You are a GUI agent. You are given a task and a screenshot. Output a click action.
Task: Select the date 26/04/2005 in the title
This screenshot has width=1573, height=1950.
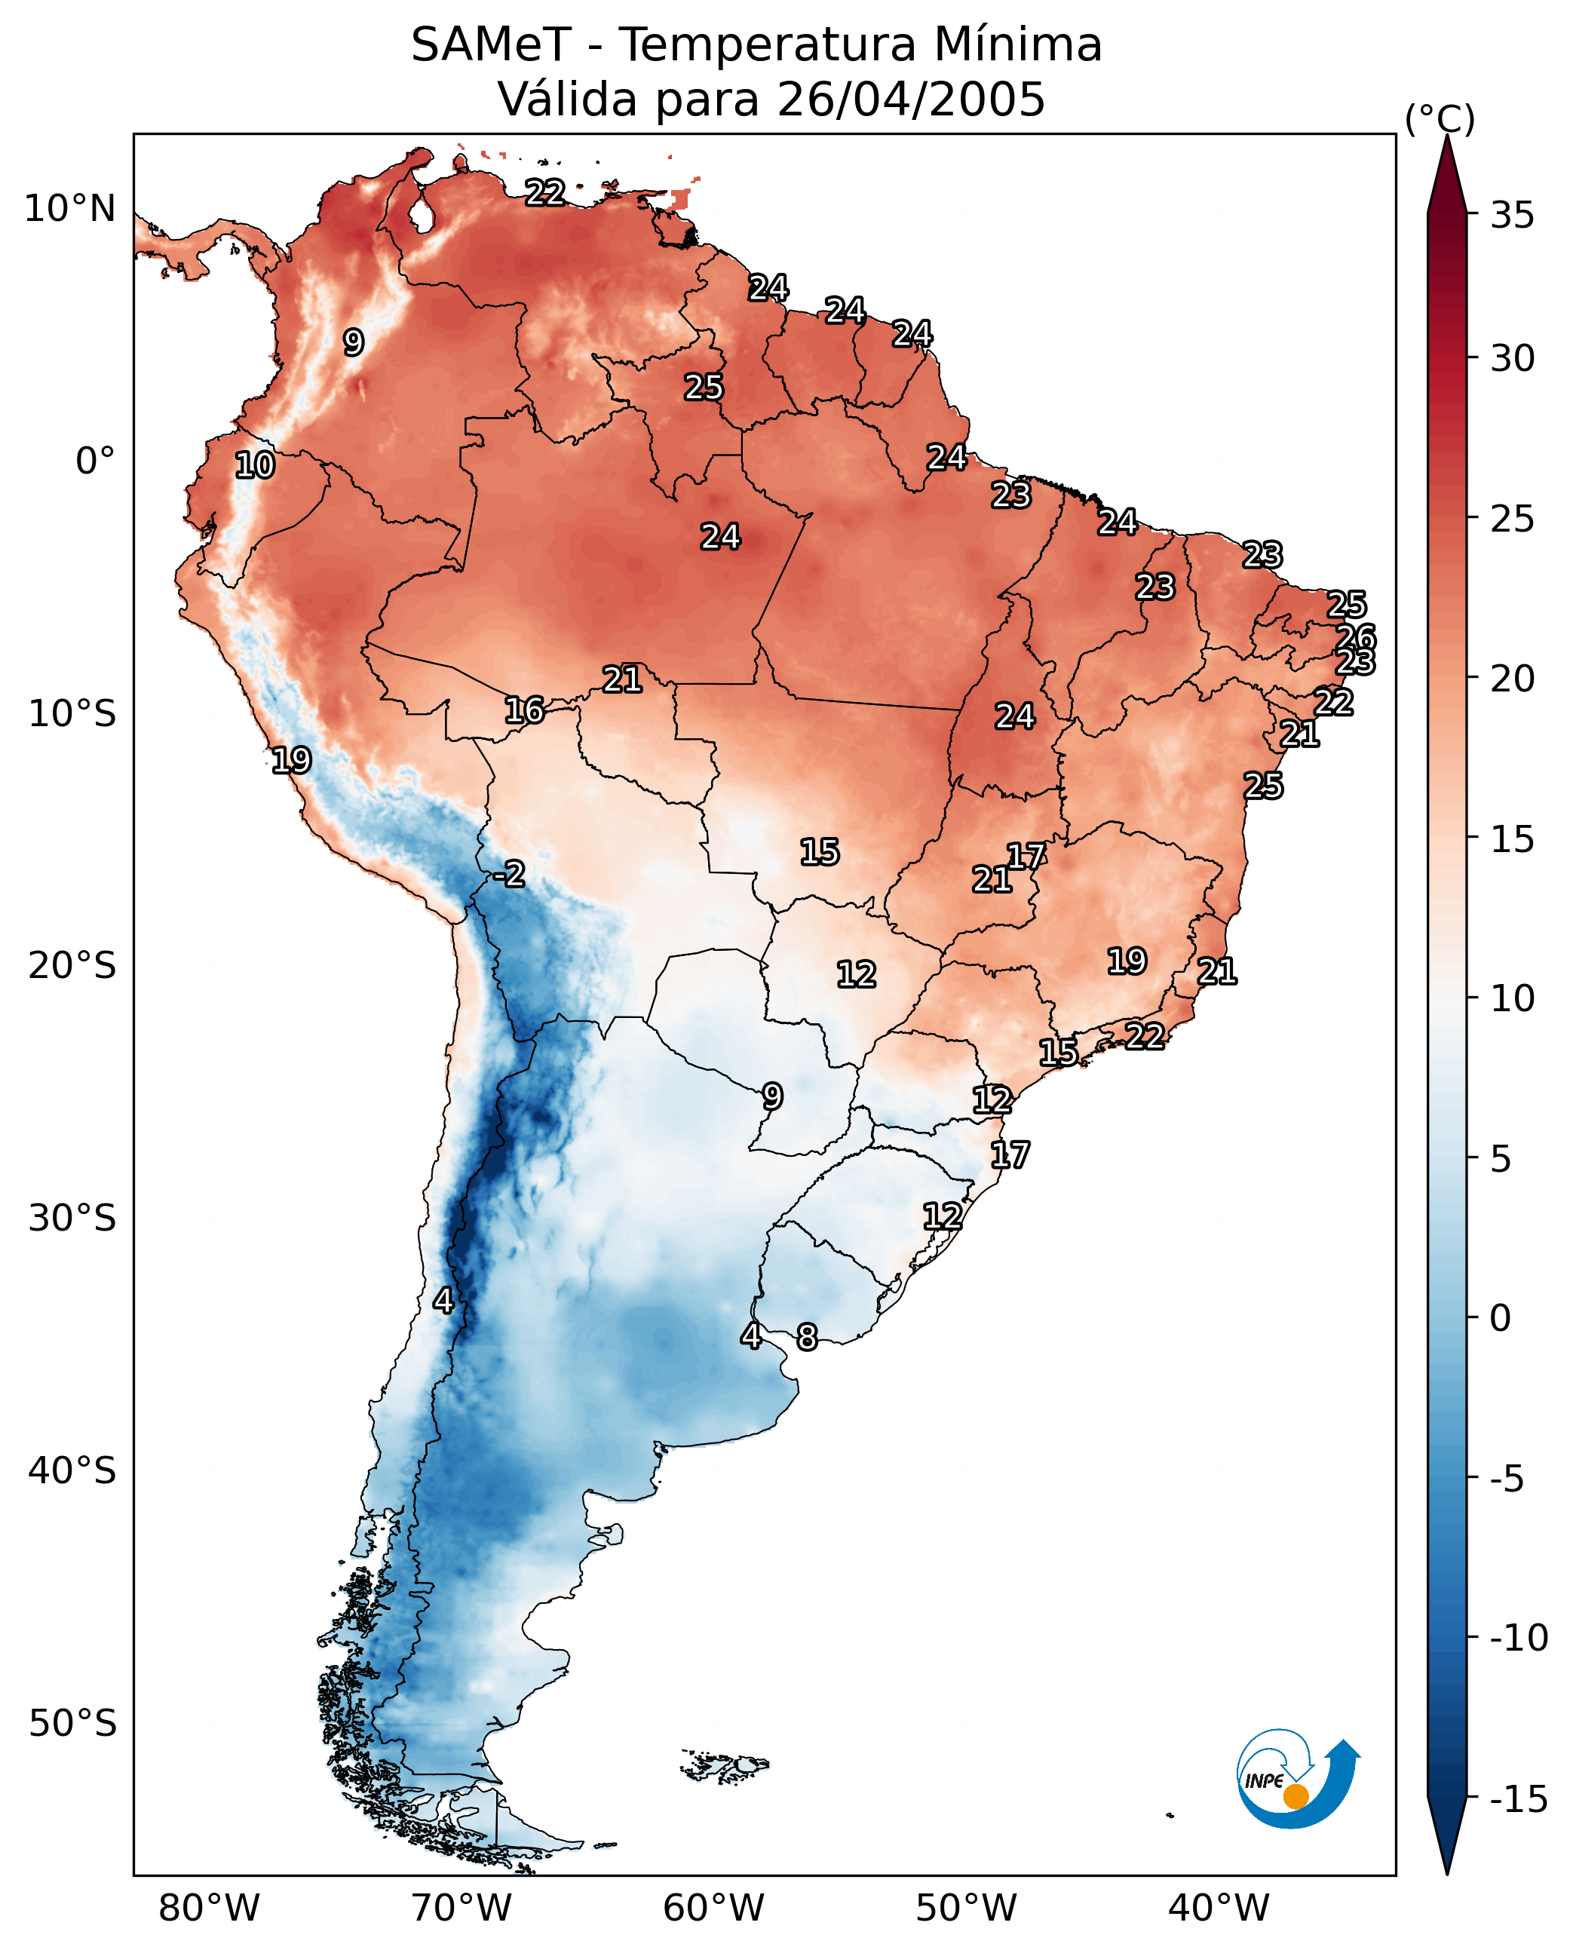click(x=911, y=100)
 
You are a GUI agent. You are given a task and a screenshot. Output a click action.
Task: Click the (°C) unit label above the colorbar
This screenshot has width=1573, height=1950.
click(x=1440, y=120)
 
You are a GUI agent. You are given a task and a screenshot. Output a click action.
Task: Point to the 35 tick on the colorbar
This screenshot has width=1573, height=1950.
click(x=1512, y=216)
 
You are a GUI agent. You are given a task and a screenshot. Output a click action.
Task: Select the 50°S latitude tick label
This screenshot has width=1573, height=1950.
click(x=72, y=1722)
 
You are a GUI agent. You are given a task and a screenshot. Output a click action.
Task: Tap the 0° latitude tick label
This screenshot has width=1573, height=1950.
click(x=95, y=461)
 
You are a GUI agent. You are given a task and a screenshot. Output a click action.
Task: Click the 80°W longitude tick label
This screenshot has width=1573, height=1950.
click(x=210, y=1906)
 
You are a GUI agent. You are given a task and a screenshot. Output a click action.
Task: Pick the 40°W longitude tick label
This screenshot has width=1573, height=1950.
click(x=1219, y=1906)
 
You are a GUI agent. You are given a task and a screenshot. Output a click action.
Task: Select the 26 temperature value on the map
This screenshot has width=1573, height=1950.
click(x=1357, y=637)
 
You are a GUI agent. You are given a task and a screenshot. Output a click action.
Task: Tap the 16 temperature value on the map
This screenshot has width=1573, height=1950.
click(x=525, y=710)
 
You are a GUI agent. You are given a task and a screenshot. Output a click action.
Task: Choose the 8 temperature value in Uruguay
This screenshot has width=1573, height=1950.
click(x=806, y=1336)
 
